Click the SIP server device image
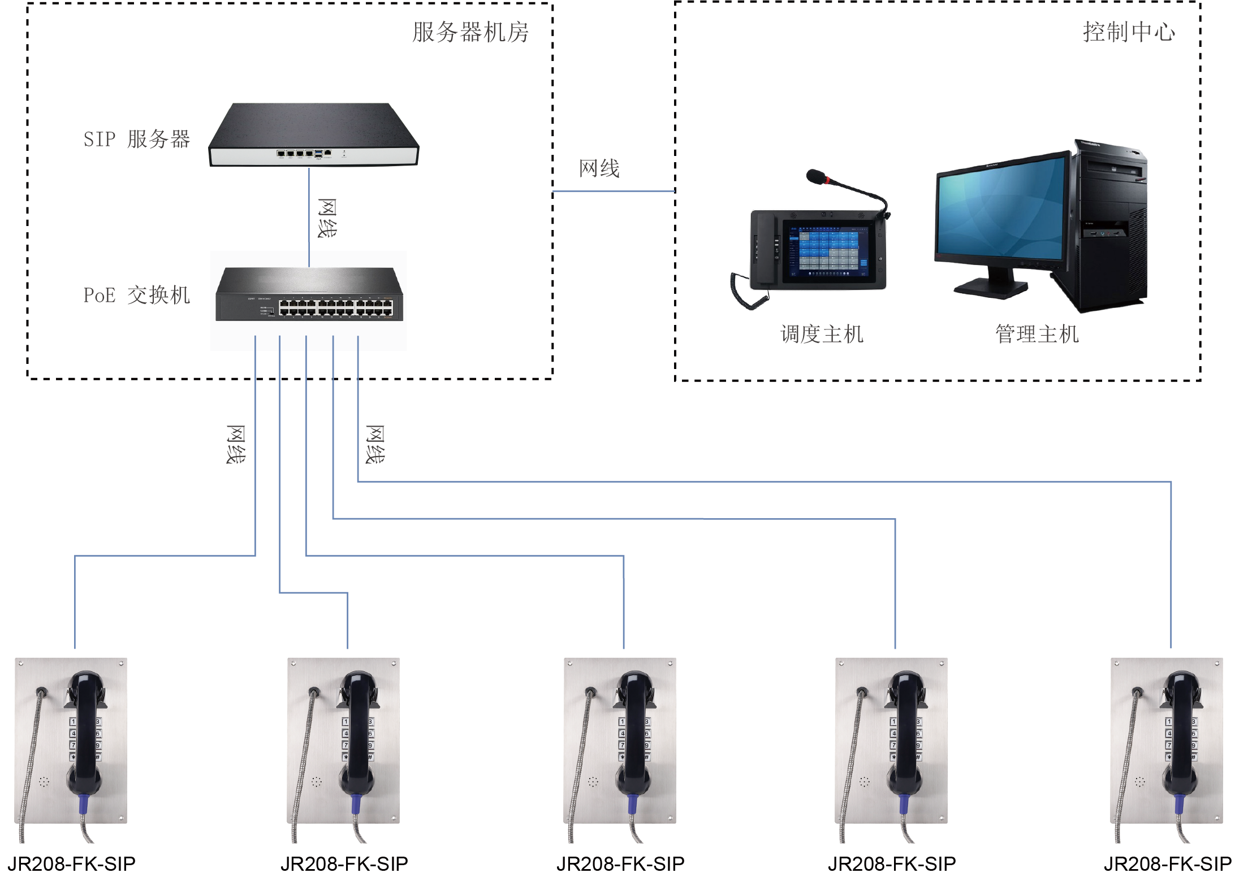tap(313, 136)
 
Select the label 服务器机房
tap(470, 32)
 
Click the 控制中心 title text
tap(1129, 32)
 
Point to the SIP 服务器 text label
tap(136, 139)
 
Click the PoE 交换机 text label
tap(136, 295)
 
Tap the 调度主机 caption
tap(822, 334)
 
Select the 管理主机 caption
tap(1037, 334)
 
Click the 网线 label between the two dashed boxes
tap(599, 168)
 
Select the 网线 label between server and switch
tap(327, 218)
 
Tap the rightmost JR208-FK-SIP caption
tap(1167, 863)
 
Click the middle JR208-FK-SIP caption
tap(620, 863)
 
